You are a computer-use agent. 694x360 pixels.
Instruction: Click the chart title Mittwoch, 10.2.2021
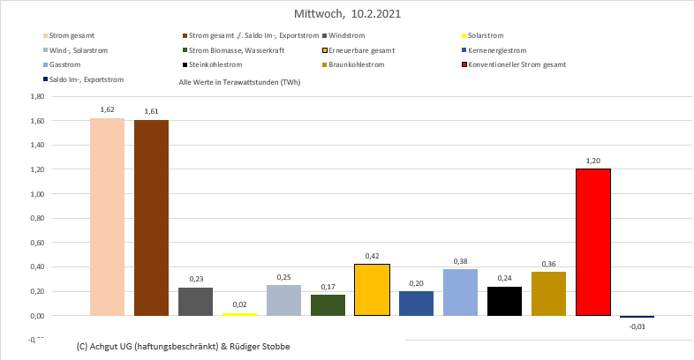tap(346, 15)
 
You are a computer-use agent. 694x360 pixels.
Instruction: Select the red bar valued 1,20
tap(592, 242)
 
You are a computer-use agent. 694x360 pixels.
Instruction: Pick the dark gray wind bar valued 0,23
tap(195, 301)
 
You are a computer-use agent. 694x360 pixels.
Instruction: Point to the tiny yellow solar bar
tap(239, 314)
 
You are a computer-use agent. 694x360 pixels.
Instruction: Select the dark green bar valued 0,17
tap(328, 304)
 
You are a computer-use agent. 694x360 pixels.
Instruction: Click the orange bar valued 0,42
tap(372, 289)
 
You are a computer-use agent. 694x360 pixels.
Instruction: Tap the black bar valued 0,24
tap(504, 301)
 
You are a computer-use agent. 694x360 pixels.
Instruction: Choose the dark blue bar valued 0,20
tap(416, 303)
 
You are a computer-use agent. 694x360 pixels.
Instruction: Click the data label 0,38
tap(460, 261)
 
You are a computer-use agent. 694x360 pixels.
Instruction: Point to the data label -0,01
tap(637, 326)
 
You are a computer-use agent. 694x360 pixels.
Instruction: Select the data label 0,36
tap(548, 264)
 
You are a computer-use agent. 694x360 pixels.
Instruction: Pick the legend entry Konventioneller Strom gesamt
tap(517, 64)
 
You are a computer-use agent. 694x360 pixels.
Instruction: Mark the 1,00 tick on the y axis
tap(36, 193)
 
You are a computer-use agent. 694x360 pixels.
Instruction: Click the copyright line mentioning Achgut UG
tap(183, 346)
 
